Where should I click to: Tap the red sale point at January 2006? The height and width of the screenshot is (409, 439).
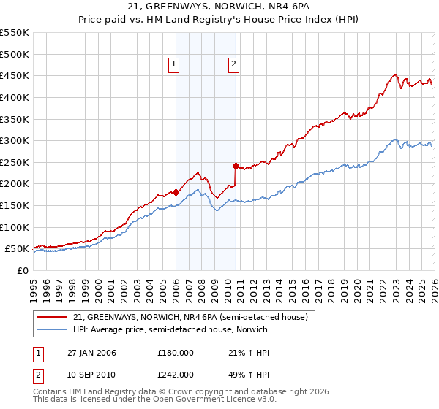176,192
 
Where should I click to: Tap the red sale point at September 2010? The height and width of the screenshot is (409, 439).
236,166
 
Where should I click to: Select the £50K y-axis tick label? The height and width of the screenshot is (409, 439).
16,249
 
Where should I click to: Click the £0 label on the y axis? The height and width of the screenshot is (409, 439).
22,270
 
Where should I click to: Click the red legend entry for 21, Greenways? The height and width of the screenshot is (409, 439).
193,316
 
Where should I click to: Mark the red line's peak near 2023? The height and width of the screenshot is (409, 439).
395,74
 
